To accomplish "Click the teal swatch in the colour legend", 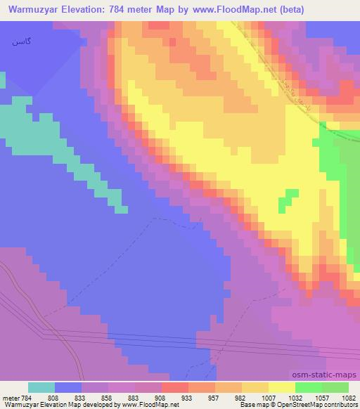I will coord(41,387).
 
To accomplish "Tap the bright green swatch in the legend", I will coord(308,387).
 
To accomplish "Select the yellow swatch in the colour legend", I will coord(281,387).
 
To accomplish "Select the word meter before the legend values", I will coord(11,397).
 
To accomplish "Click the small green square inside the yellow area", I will coord(284,204).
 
